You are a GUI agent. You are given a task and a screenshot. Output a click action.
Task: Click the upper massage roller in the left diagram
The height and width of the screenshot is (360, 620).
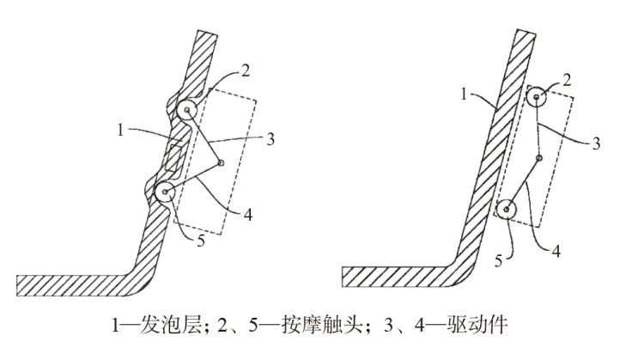click(188, 111)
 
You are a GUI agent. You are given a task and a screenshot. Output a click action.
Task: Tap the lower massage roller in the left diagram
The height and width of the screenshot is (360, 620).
click(163, 191)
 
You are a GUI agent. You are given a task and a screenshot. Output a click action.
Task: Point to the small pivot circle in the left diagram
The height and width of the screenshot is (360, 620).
click(221, 162)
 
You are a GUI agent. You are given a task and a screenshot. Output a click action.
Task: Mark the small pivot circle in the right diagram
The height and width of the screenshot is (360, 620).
click(538, 158)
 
